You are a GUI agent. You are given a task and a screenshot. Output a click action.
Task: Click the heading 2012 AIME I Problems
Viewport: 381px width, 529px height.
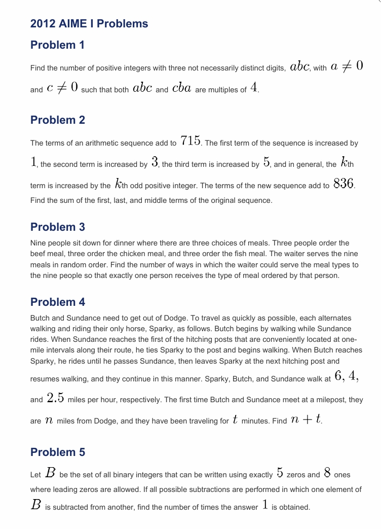pos(89,24)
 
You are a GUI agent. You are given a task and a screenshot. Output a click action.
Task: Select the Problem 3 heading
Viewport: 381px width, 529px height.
pos(57,227)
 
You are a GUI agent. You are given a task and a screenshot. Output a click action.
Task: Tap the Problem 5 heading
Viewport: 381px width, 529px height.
pos(57,452)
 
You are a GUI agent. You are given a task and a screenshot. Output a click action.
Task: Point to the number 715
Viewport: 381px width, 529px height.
pos(190,142)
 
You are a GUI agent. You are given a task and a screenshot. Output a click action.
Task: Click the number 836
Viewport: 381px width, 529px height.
pos(344,184)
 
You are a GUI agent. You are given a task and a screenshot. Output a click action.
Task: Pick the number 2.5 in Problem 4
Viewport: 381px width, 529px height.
pos(55,398)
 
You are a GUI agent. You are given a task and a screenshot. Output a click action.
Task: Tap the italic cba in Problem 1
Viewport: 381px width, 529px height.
pos(181,88)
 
